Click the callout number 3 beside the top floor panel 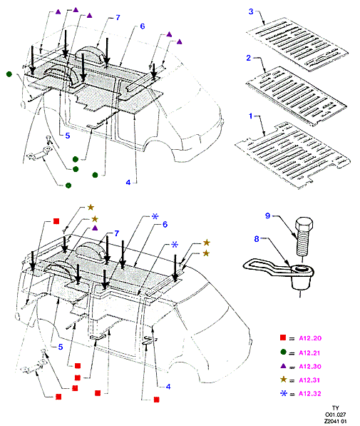251,11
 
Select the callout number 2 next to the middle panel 248,58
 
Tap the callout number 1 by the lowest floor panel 251,116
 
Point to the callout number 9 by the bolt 268,215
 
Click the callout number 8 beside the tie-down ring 257,239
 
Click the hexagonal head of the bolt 304,224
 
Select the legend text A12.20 310,338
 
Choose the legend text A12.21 309,353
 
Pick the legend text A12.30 310,367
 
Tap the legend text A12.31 309,380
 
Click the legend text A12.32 310,394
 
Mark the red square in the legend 283,338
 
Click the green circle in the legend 283,352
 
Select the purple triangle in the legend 283,365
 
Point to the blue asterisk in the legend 284,393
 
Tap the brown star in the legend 284,380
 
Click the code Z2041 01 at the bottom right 336,422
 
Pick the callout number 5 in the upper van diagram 68,136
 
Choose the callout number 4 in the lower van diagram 168,387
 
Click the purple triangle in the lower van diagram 95,228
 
